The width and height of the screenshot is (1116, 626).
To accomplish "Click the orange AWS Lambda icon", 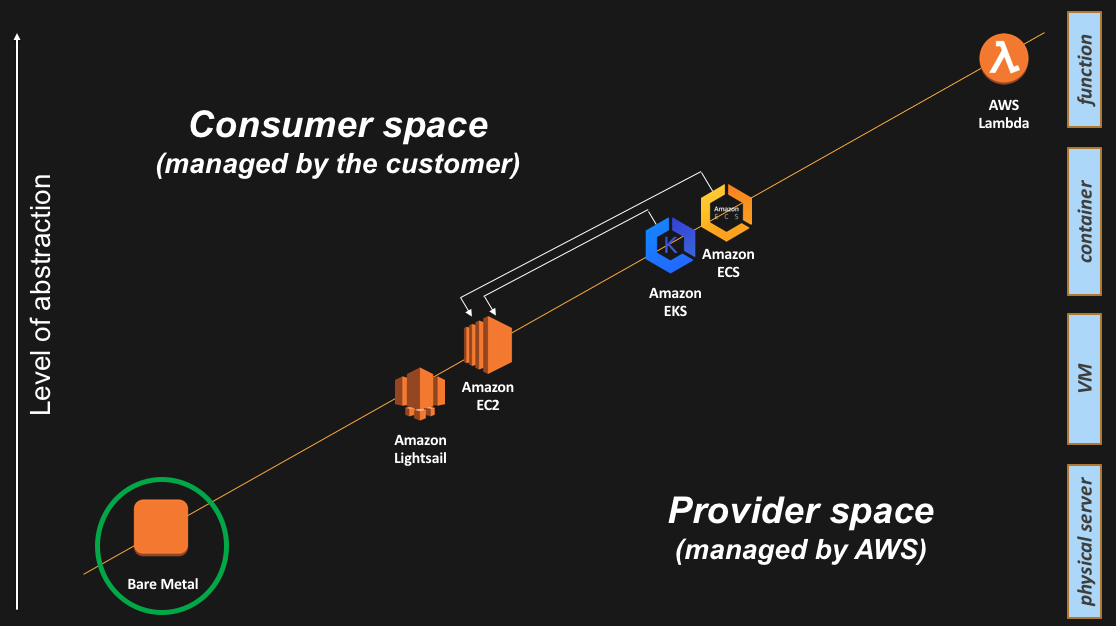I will click(x=1003, y=60).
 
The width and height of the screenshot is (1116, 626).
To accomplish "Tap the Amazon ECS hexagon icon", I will click(x=726, y=212).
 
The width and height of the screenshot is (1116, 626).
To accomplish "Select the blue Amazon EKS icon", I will click(x=670, y=245).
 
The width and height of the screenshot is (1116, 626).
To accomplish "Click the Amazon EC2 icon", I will click(x=488, y=345).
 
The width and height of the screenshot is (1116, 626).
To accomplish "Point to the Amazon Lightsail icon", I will click(x=419, y=394).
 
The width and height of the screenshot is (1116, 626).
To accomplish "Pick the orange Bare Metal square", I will click(x=161, y=527).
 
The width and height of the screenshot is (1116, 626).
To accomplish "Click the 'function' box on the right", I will click(x=1084, y=70).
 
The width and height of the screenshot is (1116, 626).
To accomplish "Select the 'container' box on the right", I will click(x=1084, y=221).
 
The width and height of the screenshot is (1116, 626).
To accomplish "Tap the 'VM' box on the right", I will click(x=1084, y=379).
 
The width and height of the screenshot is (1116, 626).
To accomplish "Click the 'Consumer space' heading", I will click(x=338, y=125).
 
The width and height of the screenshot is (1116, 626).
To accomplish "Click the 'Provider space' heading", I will click(x=800, y=511).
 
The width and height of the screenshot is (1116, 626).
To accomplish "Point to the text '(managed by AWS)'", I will click(x=800, y=549).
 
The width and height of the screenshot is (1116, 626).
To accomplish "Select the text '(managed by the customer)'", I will click(x=338, y=164).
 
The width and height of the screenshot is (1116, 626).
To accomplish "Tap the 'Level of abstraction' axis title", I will click(x=41, y=295).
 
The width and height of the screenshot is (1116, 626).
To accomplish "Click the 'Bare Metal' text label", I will click(x=162, y=584).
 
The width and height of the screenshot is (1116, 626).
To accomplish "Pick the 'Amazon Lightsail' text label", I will click(x=420, y=449).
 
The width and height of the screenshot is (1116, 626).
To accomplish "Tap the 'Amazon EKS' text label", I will click(x=675, y=302).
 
